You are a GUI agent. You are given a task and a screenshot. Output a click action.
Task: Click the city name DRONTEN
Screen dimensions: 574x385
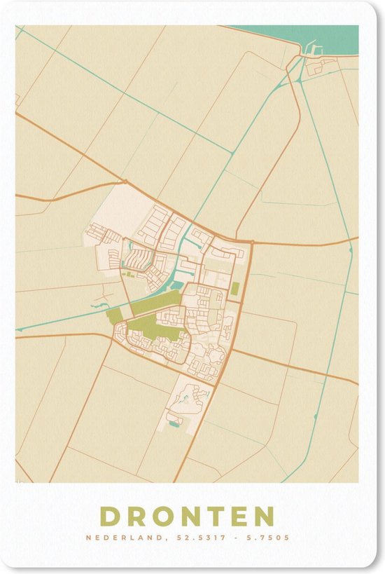click(x=187, y=516)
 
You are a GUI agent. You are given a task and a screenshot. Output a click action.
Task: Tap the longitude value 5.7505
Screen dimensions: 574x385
click(x=263, y=538)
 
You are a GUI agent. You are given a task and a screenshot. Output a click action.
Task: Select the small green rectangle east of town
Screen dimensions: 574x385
click(x=236, y=289)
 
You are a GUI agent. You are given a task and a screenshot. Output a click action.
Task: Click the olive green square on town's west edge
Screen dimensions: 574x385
click(x=113, y=315)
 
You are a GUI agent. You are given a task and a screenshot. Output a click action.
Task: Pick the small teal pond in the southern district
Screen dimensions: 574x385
click(x=174, y=422)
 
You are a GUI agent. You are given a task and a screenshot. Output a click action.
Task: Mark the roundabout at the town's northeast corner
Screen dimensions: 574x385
click(x=251, y=242)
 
